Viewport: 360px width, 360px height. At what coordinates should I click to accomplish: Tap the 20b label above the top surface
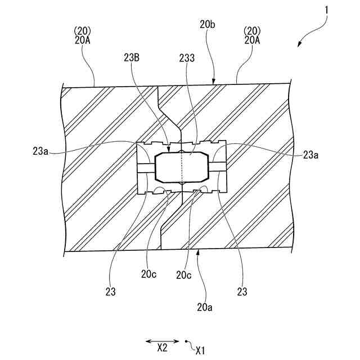pyautogui.click(x=206, y=24)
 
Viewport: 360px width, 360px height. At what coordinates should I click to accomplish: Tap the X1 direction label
pyautogui.click(x=200, y=351)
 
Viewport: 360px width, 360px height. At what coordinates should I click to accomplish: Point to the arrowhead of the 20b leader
pyautogui.click(x=214, y=83)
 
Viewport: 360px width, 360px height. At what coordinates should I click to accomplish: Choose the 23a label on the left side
pyautogui.click(x=41, y=151)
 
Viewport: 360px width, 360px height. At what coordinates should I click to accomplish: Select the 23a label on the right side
pyautogui.click(x=312, y=155)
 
